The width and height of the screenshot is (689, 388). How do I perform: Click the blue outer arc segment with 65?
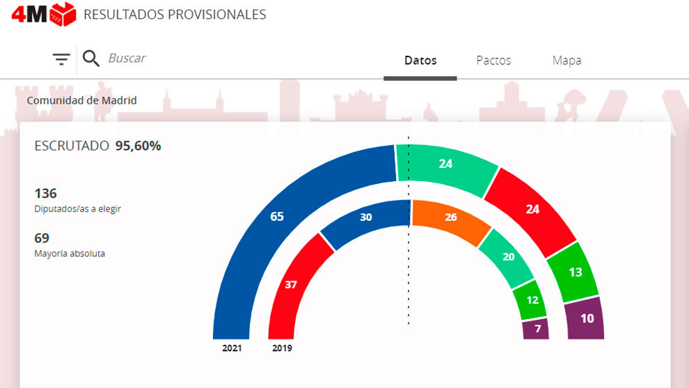[277, 217]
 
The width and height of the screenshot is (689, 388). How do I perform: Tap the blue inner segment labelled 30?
[365, 217]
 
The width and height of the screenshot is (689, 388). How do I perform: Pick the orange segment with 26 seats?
[450, 217]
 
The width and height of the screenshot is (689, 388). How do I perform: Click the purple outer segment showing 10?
[587, 318]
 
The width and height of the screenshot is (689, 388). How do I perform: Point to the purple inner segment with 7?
[536, 329]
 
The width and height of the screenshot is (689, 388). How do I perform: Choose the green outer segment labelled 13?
[575, 272]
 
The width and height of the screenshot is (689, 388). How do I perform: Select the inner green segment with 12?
[532, 300]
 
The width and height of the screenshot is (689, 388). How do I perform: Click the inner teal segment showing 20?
[508, 257]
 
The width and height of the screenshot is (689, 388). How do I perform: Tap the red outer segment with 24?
[532, 208]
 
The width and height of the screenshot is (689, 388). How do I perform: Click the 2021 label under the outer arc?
[232, 348]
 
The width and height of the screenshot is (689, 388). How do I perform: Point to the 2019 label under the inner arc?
[282, 348]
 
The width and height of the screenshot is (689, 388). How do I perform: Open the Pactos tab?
[493, 61]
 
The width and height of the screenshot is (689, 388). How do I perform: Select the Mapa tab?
[567, 61]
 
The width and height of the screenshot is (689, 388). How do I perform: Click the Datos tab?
[420, 61]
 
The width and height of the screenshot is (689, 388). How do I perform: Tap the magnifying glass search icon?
[91, 59]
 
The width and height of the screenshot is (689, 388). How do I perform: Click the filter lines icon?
[62, 59]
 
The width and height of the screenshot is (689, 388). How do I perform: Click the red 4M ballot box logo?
[44, 14]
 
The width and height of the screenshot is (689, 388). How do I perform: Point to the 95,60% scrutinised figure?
[138, 146]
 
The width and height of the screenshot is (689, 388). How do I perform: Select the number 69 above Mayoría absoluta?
[42, 238]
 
